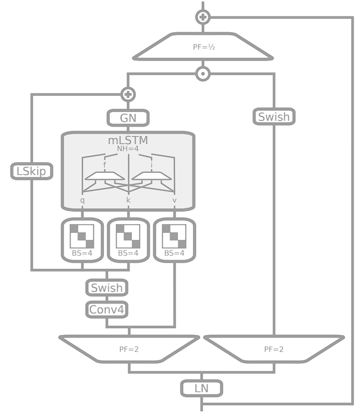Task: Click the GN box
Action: [128, 117]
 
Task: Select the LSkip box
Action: [32, 171]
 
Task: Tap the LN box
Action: [201, 388]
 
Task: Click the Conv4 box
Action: [106, 309]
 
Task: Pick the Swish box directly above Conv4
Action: [106, 287]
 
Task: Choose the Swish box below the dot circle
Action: [274, 117]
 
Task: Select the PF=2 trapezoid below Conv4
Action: [128, 350]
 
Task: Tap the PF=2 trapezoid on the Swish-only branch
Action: [274, 350]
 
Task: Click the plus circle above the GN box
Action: [128, 94]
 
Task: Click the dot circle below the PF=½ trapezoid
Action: [202, 74]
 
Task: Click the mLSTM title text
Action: [128, 140]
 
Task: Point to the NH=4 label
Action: [128, 149]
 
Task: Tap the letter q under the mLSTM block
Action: [82, 200]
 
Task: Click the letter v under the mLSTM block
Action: [174, 200]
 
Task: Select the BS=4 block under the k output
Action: [128, 239]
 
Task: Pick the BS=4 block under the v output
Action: [174, 239]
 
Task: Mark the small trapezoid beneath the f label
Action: [104, 177]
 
